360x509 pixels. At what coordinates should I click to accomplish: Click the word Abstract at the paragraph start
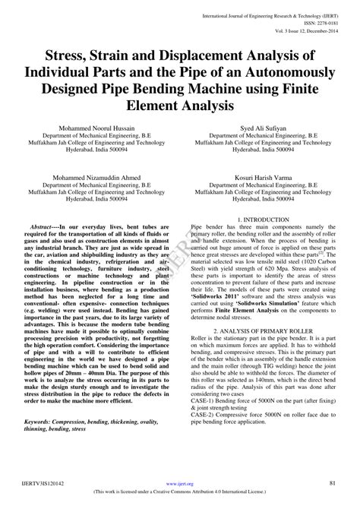point(43,227)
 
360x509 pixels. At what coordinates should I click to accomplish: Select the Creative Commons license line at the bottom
point(180,493)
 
